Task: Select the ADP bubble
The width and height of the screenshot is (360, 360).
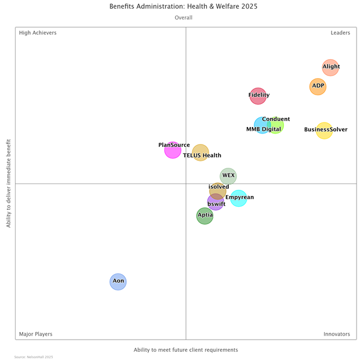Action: point(318,87)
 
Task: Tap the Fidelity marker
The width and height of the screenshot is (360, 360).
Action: point(258,96)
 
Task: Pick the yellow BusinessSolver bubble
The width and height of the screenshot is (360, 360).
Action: point(324,131)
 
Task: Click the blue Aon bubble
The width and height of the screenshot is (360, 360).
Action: point(118,282)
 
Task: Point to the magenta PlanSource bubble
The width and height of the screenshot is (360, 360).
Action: point(172,150)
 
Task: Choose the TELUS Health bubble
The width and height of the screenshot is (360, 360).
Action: point(200,153)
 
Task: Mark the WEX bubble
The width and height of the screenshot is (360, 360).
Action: point(228,176)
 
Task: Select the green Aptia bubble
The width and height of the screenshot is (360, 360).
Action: point(204,216)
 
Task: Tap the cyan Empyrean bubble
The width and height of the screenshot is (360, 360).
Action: point(239,199)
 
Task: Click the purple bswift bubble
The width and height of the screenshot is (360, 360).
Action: point(215,203)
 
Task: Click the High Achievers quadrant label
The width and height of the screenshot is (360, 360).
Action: point(38,33)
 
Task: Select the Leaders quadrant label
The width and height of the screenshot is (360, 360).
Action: point(340,33)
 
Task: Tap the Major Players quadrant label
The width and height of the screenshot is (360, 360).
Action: point(35,334)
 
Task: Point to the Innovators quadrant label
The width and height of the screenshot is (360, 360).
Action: point(337,334)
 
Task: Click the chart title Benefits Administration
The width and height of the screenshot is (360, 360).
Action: point(183,6)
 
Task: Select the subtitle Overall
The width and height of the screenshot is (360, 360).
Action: point(183,18)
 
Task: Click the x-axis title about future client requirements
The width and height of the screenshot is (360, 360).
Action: point(186,350)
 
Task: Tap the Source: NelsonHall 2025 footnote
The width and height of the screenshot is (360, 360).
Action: point(34,357)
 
